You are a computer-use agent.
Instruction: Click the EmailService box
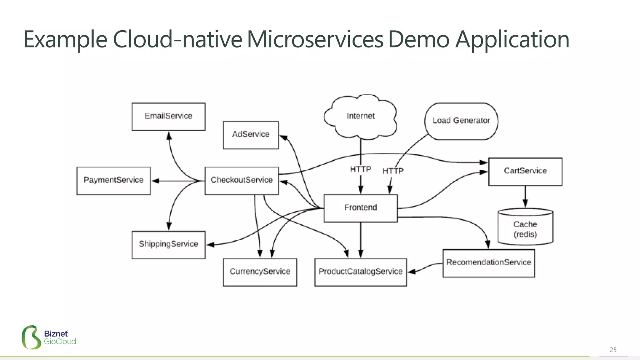point(168,117)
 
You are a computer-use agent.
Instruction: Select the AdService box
point(251,135)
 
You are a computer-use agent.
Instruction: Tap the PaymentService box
point(113,181)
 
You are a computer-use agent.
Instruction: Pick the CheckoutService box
point(242,181)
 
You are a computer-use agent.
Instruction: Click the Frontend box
point(361,208)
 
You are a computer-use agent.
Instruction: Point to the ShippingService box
point(168,245)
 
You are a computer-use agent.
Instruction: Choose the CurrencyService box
point(260,272)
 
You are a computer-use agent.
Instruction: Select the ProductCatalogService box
point(361,272)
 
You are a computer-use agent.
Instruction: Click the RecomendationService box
point(488,263)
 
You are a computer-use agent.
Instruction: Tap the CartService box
point(525,172)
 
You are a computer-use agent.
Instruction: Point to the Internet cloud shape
point(360,116)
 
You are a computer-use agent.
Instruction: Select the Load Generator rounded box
point(461,121)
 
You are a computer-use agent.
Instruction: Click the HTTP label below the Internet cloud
point(360,169)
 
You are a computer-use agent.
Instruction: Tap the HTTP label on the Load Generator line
point(393,171)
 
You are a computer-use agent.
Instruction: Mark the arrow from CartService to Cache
point(525,197)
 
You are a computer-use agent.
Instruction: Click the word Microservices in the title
point(315,40)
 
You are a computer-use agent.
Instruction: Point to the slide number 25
point(613,350)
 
